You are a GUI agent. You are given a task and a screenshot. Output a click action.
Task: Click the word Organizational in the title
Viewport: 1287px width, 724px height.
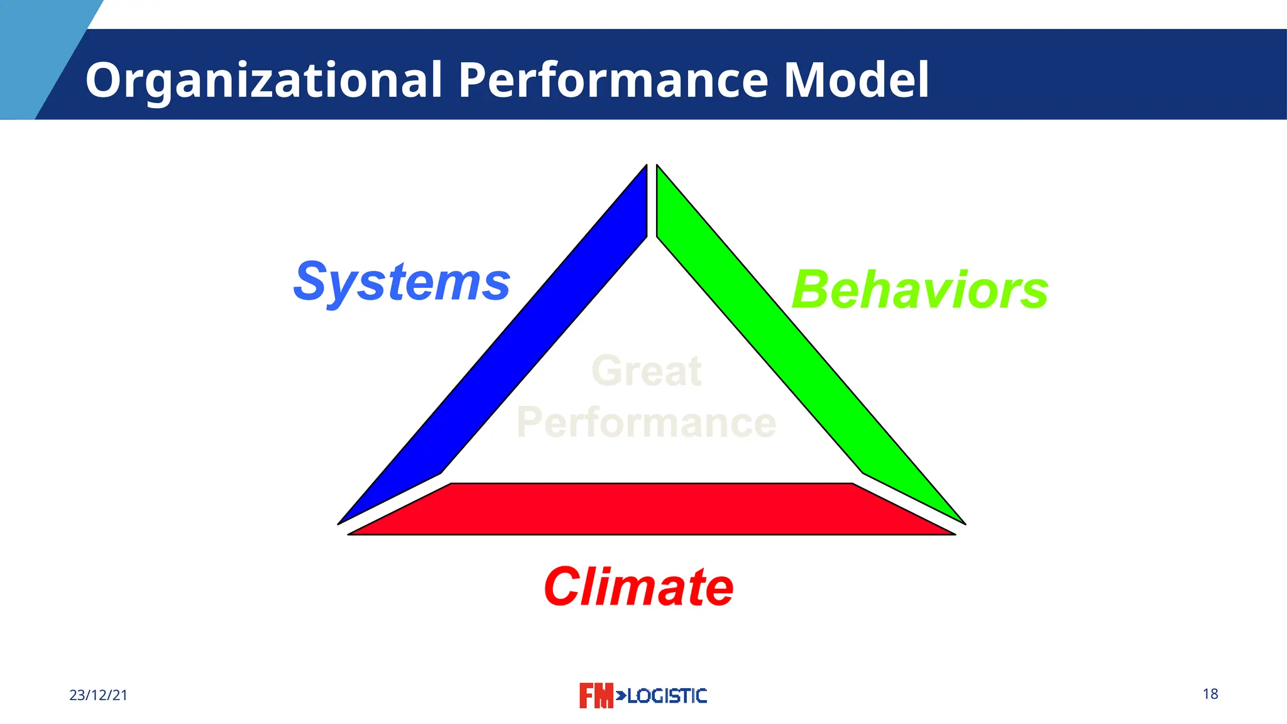264,80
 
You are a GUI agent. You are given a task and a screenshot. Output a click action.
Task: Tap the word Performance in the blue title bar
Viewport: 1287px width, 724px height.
613,80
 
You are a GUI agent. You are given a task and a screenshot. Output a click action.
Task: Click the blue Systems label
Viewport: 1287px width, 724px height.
402,282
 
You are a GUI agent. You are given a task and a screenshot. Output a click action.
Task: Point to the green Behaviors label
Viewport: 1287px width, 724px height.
920,290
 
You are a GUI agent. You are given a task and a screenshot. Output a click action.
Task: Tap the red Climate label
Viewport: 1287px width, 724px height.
638,587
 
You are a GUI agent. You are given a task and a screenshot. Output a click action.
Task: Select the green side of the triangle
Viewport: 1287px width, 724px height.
798,365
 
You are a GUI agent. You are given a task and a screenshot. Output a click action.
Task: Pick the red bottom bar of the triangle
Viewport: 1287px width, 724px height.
651,509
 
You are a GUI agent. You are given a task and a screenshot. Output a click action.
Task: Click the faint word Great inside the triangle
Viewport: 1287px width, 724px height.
647,371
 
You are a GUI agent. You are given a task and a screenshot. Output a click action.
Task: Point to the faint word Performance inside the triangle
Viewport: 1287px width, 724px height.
646,422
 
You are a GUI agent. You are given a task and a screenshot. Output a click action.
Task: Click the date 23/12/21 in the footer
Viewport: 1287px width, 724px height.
99,695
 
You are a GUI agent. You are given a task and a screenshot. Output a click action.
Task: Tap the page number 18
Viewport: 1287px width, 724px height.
1210,694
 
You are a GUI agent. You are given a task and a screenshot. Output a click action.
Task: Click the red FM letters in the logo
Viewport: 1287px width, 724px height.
596,696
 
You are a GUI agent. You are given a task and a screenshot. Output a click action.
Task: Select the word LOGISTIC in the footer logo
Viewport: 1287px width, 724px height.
667,696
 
